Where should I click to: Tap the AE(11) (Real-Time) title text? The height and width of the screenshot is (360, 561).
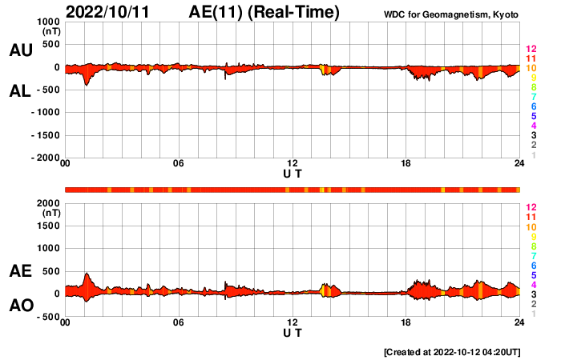click(264, 12)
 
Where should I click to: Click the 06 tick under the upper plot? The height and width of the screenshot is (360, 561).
click(179, 164)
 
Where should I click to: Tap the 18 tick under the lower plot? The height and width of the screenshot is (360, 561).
click(406, 323)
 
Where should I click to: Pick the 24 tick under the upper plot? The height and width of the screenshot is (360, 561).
click(519, 164)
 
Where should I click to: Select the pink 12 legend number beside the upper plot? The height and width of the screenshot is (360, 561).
click(531, 50)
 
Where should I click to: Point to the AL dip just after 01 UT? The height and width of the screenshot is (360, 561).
click(87, 83)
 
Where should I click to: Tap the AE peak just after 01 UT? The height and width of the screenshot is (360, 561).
click(87, 274)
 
